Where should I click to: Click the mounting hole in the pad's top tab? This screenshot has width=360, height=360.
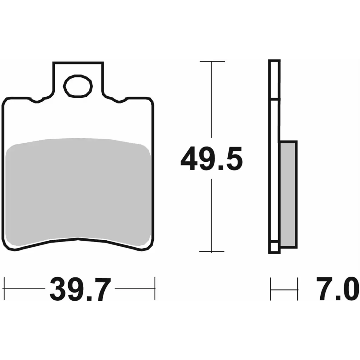pos(78,86)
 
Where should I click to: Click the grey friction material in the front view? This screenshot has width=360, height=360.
pos(78,189)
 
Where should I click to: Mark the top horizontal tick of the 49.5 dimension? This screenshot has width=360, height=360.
pos(212,61)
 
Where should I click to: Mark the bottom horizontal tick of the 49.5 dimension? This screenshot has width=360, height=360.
pos(212,252)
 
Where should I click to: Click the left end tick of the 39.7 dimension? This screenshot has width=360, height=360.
pos(4,288)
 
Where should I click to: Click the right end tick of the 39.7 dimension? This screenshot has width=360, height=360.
pos(155,288)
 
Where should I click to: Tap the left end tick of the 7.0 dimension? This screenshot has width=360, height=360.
pos(271,288)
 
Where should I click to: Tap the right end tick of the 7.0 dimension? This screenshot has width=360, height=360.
pos(297,288)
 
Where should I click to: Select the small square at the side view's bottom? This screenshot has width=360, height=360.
pos(273,247)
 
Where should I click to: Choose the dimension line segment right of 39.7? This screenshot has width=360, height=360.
pos(134,288)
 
